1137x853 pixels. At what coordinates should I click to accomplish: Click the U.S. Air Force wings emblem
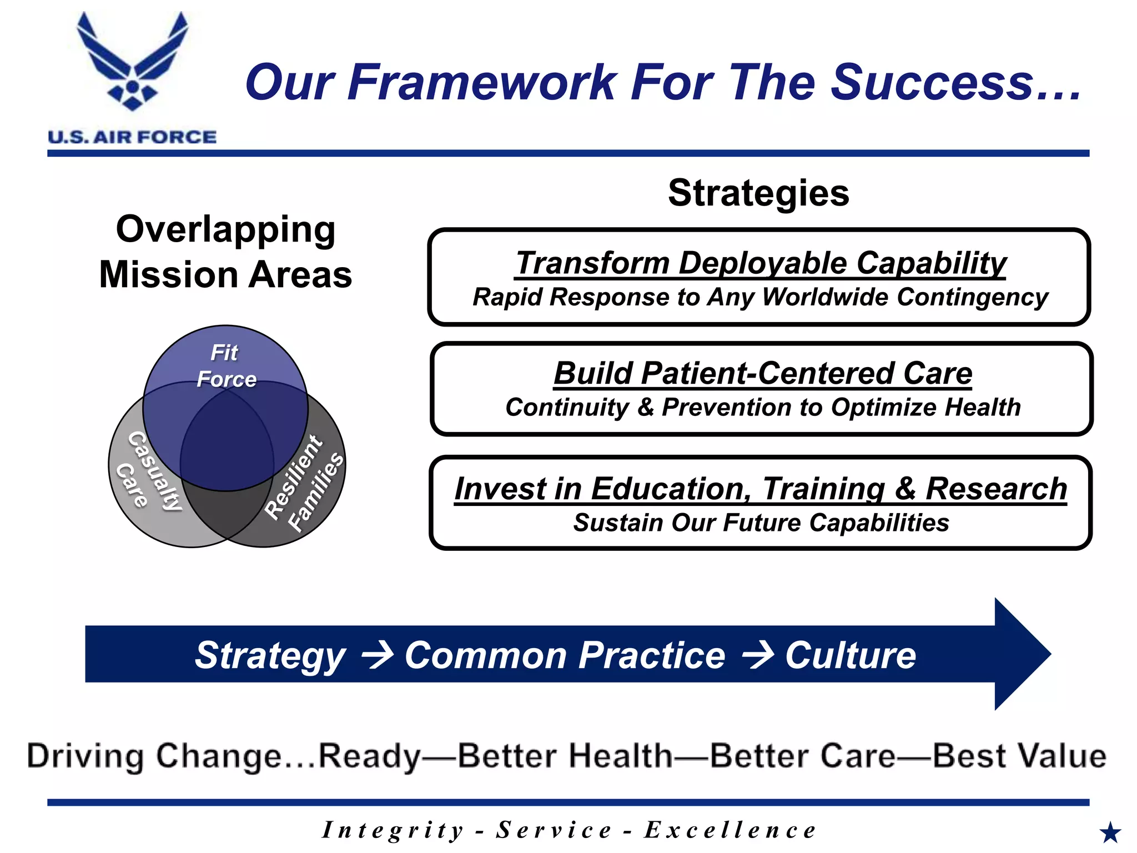pos(132,61)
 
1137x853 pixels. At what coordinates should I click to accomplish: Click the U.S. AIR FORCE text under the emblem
pos(132,137)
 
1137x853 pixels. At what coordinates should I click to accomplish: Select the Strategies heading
pos(758,193)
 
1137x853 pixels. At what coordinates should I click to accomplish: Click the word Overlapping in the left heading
pos(225,229)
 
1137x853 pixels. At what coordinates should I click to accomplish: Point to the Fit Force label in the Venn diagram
pos(225,366)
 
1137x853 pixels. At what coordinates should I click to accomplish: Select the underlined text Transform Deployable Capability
pos(761,263)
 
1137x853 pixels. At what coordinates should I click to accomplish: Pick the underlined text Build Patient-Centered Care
pos(763,373)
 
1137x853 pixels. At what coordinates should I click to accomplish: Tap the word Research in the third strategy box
pos(996,489)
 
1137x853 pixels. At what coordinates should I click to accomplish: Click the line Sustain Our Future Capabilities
pos(761,523)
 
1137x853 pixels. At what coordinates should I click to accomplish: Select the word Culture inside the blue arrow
pos(850,655)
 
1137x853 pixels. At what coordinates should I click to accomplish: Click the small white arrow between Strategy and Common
pos(378,655)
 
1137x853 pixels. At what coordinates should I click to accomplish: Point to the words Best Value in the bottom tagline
pos(1019,756)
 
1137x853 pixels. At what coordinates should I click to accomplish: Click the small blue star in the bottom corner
pos(1110,832)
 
